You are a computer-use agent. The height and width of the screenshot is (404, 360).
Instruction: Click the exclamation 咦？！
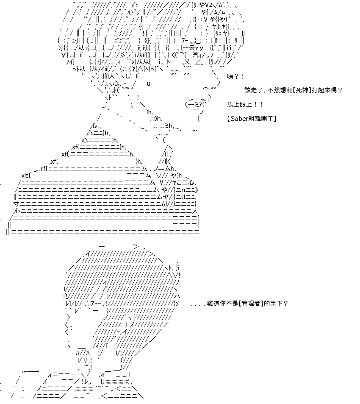[235, 76]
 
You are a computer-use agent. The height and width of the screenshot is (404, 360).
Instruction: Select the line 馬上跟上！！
[245, 105]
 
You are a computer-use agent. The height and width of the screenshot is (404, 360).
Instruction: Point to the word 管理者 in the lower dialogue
[250, 304]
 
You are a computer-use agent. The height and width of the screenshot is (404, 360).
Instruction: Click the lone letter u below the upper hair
[149, 84]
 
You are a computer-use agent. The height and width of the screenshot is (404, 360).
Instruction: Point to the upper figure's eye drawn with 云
[192, 48]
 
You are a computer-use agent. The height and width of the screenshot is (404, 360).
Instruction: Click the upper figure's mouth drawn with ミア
[198, 104]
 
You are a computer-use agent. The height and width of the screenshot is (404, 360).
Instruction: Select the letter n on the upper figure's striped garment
[183, 190]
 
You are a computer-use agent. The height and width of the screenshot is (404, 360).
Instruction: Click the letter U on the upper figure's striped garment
[183, 197]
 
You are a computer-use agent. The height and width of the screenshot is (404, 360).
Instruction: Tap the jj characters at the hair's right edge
[243, 33]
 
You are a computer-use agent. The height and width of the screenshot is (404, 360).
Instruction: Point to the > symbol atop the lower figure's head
[136, 247]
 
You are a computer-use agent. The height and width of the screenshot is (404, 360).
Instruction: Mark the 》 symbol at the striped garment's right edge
[197, 190]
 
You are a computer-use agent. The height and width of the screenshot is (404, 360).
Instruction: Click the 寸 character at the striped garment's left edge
[16, 204]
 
